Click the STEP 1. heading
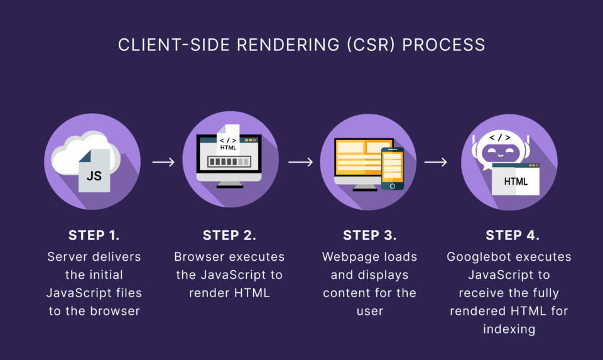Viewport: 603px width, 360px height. [94, 236]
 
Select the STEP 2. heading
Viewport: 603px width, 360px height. [229, 236]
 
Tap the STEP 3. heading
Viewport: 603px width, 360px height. [370, 236]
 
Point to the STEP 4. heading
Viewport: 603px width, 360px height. [513, 236]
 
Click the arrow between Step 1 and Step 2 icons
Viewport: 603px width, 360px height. [163, 162]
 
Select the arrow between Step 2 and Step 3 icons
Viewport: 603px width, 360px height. [300, 162]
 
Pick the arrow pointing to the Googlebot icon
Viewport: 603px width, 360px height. [436, 162]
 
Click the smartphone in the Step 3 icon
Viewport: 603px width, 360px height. [392, 168]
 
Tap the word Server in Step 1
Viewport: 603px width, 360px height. [67, 257]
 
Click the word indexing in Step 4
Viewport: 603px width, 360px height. [509, 329]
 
